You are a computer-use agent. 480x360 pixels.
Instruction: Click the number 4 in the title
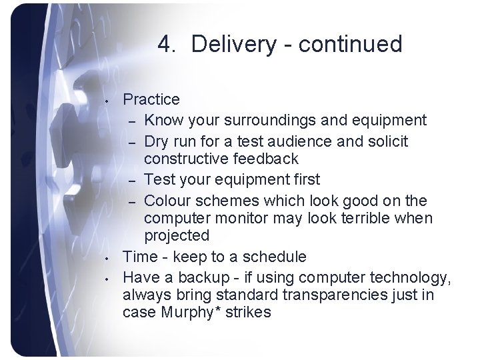coord(165,45)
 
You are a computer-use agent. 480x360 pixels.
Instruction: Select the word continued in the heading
coord(351,45)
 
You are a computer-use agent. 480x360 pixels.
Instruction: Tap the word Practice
coord(151,99)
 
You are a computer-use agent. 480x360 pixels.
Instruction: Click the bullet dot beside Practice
coord(107,101)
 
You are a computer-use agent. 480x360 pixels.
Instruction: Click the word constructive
coord(189,159)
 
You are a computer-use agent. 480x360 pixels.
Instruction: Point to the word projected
coord(177,236)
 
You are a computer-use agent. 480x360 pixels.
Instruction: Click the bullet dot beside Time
coord(107,258)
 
